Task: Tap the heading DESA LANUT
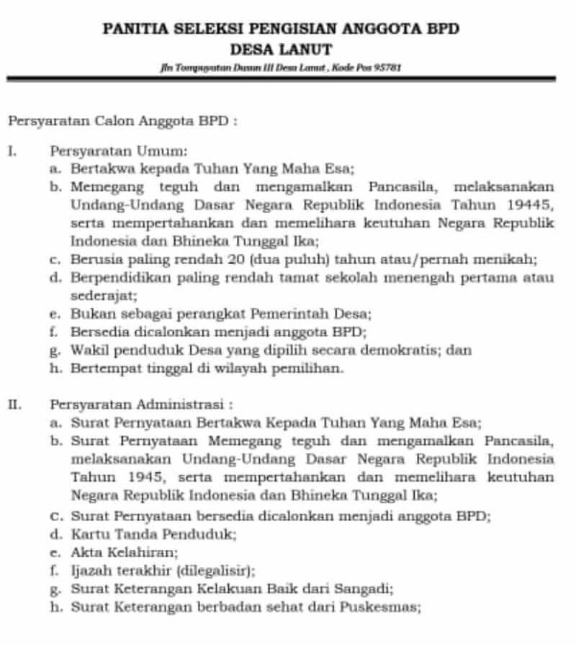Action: point(281,50)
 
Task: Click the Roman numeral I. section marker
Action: point(11,152)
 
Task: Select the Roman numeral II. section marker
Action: point(14,405)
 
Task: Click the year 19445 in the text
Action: point(532,204)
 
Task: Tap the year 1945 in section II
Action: point(135,477)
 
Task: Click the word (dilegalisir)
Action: point(215,572)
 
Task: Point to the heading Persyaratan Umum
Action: point(118,152)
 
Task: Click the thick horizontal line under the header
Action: point(281,78)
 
